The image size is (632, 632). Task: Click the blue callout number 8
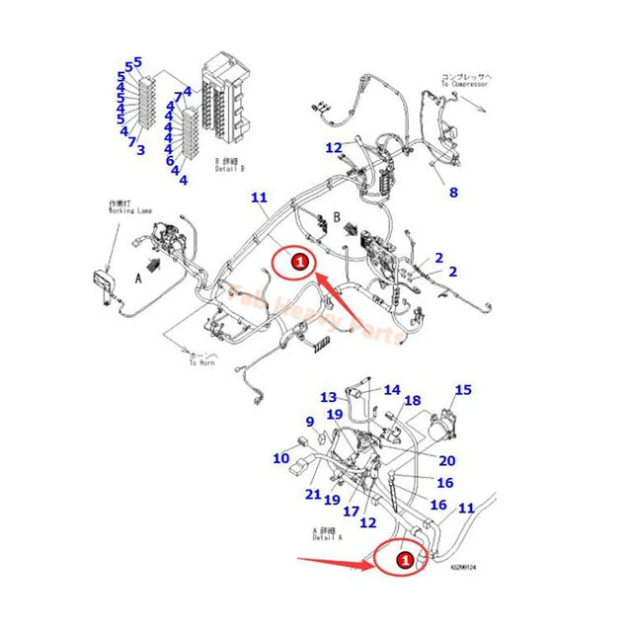[453, 193]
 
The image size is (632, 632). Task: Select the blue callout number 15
[462, 390]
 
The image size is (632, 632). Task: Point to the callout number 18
[413, 400]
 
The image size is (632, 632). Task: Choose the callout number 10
[280, 458]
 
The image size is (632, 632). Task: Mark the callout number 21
[313, 494]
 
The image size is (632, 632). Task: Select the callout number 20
[446, 461]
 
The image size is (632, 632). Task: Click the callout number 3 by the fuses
[141, 150]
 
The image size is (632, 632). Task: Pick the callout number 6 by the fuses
[169, 161]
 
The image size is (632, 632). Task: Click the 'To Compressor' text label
[463, 79]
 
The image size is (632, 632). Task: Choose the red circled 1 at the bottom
[404, 560]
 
